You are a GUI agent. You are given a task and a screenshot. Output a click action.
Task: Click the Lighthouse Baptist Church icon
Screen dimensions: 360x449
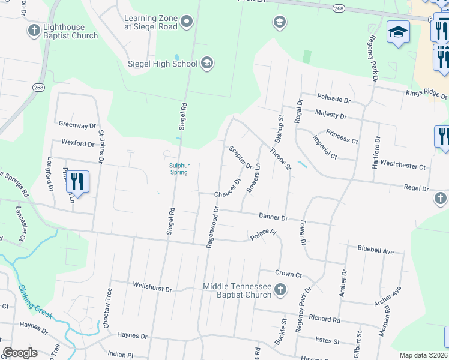[x=34, y=30]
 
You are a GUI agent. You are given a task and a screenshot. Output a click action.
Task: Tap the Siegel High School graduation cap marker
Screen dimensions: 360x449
[x=206, y=64]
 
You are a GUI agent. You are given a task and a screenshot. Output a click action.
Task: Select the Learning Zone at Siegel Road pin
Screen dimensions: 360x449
[x=187, y=23]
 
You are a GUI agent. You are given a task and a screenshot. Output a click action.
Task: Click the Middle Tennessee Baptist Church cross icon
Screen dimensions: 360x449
[x=280, y=291]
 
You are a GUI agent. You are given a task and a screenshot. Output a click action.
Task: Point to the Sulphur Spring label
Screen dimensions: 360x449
[x=178, y=169]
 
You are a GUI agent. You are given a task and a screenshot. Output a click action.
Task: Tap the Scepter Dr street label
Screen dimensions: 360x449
[x=240, y=157]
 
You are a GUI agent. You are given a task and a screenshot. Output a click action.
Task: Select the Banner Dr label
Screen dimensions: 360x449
[x=273, y=216]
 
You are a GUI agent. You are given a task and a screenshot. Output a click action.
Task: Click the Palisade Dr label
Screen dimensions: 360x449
[x=333, y=99]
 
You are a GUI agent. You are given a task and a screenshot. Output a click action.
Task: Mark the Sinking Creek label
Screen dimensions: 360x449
[x=36, y=302]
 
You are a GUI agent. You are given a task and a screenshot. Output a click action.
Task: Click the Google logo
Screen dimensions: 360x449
[x=20, y=353]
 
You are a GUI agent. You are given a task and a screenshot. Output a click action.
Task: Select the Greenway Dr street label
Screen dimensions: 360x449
[x=77, y=125]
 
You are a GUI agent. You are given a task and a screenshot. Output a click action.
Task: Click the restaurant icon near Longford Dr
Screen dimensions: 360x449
[x=77, y=181]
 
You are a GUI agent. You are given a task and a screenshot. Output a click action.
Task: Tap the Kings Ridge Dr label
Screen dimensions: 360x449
[x=426, y=94]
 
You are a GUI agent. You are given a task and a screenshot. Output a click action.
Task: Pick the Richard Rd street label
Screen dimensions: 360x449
[x=325, y=320]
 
